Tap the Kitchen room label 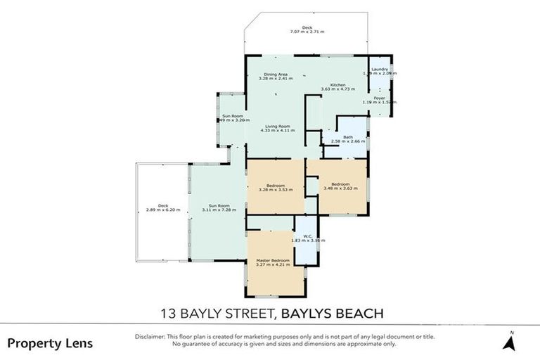pyautogui.click(x=338, y=84)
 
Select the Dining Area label pyautogui.click(x=276, y=74)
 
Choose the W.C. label pyautogui.click(x=308, y=236)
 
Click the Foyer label pyautogui.click(x=379, y=98)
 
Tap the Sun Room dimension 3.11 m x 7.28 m pyautogui.click(x=219, y=210)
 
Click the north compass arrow pyautogui.click(x=511, y=342)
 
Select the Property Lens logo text pyautogui.click(x=50, y=343)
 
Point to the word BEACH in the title pyautogui.click(x=358, y=311)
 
